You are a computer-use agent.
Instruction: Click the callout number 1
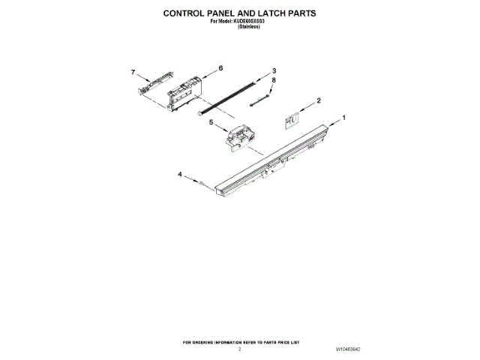343,118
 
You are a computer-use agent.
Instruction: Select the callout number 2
319,100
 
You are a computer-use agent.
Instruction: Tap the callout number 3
274,70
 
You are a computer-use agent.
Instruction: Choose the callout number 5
211,121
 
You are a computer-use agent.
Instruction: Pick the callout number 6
220,68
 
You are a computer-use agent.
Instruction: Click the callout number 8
274,80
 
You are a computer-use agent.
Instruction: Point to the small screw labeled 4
201,182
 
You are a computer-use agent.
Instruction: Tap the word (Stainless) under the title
238,27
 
